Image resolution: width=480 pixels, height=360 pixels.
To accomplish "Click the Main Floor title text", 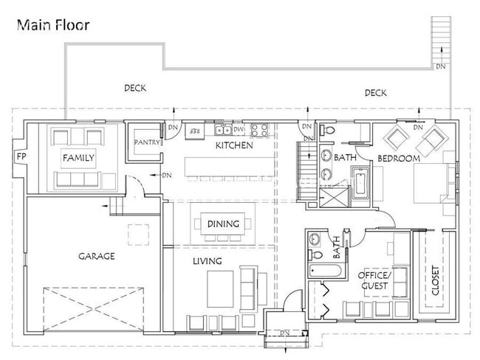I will pyautogui.click(x=52, y=25).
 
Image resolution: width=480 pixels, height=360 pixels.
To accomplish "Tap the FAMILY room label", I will pyautogui.click(x=78, y=158).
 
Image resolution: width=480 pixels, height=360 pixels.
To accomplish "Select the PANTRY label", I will pyautogui.click(x=147, y=142).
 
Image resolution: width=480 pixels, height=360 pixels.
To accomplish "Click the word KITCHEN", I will pyautogui.click(x=233, y=146).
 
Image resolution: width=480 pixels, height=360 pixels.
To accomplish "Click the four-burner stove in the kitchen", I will pyautogui.click(x=259, y=131).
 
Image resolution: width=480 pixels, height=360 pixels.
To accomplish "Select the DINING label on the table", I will pyautogui.click(x=222, y=223).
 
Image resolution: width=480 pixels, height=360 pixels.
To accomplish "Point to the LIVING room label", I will pyautogui.click(x=208, y=261).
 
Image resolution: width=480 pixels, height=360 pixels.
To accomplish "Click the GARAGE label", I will pyautogui.click(x=97, y=257).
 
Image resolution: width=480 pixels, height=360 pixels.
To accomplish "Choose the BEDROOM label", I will pyautogui.click(x=399, y=159).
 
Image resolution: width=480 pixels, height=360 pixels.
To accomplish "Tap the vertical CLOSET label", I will pyautogui.click(x=435, y=281).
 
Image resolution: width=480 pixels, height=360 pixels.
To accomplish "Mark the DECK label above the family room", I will pyautogui.click(x=134, y=88).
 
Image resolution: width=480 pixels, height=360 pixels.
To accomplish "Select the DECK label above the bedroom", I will pyautogui.click(x=375, y=93).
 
